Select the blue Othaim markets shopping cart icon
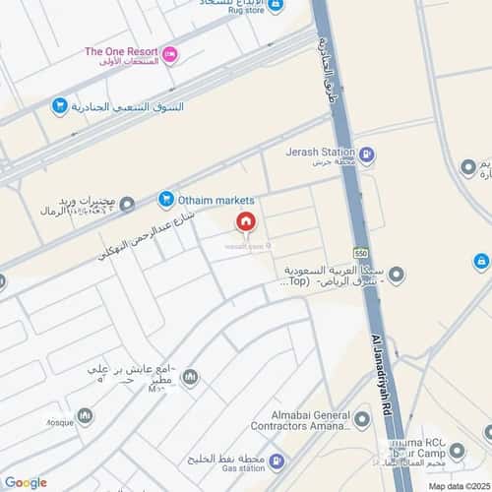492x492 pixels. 165,200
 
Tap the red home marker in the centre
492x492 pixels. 245,222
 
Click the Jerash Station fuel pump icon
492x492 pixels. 366,154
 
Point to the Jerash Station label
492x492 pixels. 321,154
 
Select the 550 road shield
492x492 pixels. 361,251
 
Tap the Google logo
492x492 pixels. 26,482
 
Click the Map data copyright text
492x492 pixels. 458,486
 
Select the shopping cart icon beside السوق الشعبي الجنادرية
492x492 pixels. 60,106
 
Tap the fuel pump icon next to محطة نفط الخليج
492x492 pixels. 279,461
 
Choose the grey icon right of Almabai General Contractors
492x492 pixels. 362,420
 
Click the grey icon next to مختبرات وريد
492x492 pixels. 127,205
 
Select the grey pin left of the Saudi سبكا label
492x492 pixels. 398,274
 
